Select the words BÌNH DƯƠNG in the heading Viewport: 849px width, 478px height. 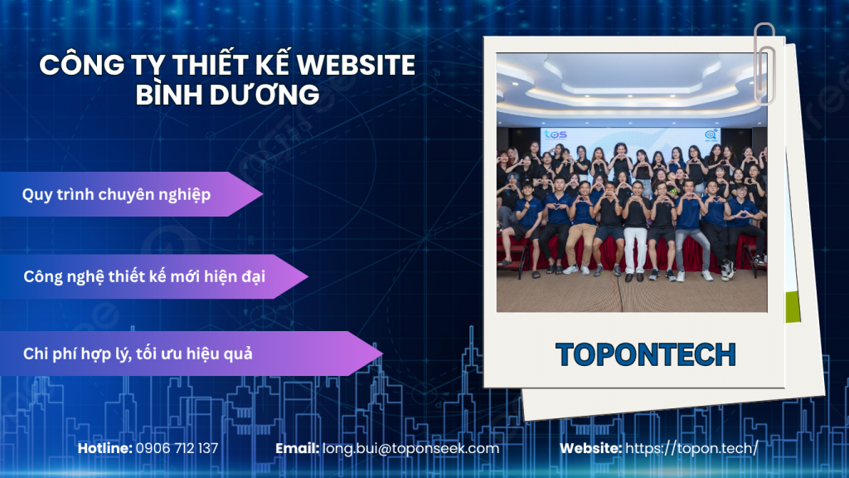pos(227,95)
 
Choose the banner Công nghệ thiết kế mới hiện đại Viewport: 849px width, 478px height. pos(144,276)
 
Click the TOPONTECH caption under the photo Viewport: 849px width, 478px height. pos(646,354)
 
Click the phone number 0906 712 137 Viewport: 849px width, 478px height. pos(177,448)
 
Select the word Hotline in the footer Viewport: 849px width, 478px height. pos(104,448)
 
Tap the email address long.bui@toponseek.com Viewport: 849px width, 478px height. pos(411,448)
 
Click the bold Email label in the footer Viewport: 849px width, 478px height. pos(297,448)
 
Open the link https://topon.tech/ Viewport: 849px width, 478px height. pos(691,448)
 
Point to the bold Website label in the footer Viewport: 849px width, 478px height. pos(590,448)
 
